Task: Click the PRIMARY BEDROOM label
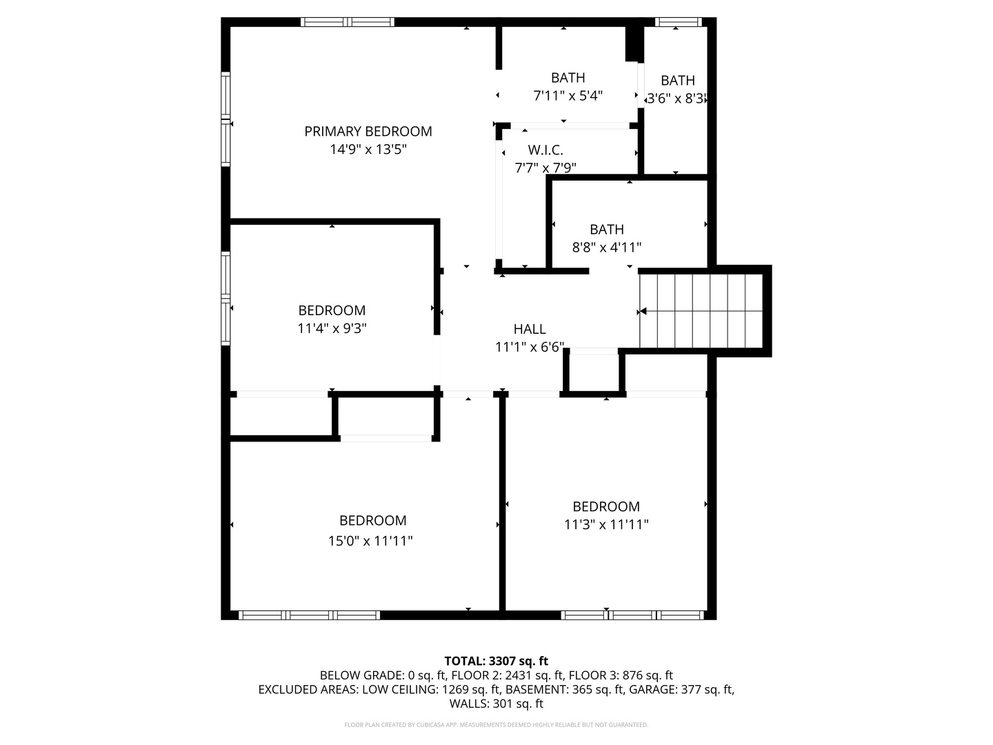tap(368, 131)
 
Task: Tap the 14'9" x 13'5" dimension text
tap(368, 149)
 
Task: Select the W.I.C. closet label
tap(545, 150)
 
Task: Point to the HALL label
tap(530, 329)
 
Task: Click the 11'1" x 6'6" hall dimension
tap(530, 347)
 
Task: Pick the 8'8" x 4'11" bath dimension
tap(607, 247)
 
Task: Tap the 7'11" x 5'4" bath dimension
tap(568, 96)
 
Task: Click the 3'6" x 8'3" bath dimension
tap(677, 98)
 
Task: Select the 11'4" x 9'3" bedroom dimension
tap(332, 328)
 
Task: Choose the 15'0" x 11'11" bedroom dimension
tap(370, 541)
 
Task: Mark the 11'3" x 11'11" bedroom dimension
tap(606, 524)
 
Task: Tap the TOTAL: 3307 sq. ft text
tap(496, 661)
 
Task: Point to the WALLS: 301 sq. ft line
tap(496, 704)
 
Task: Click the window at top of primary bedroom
tap(348, 22)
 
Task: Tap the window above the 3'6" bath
tap(677, 22)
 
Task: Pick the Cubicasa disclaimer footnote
tap(496, 725)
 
